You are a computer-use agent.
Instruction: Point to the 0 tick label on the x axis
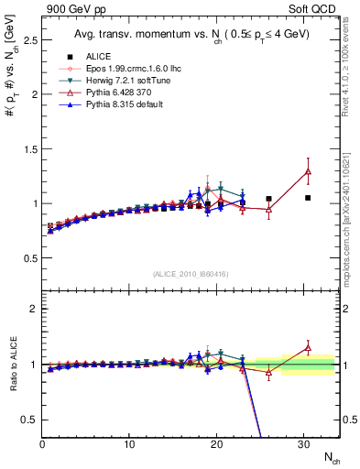[42, 444]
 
